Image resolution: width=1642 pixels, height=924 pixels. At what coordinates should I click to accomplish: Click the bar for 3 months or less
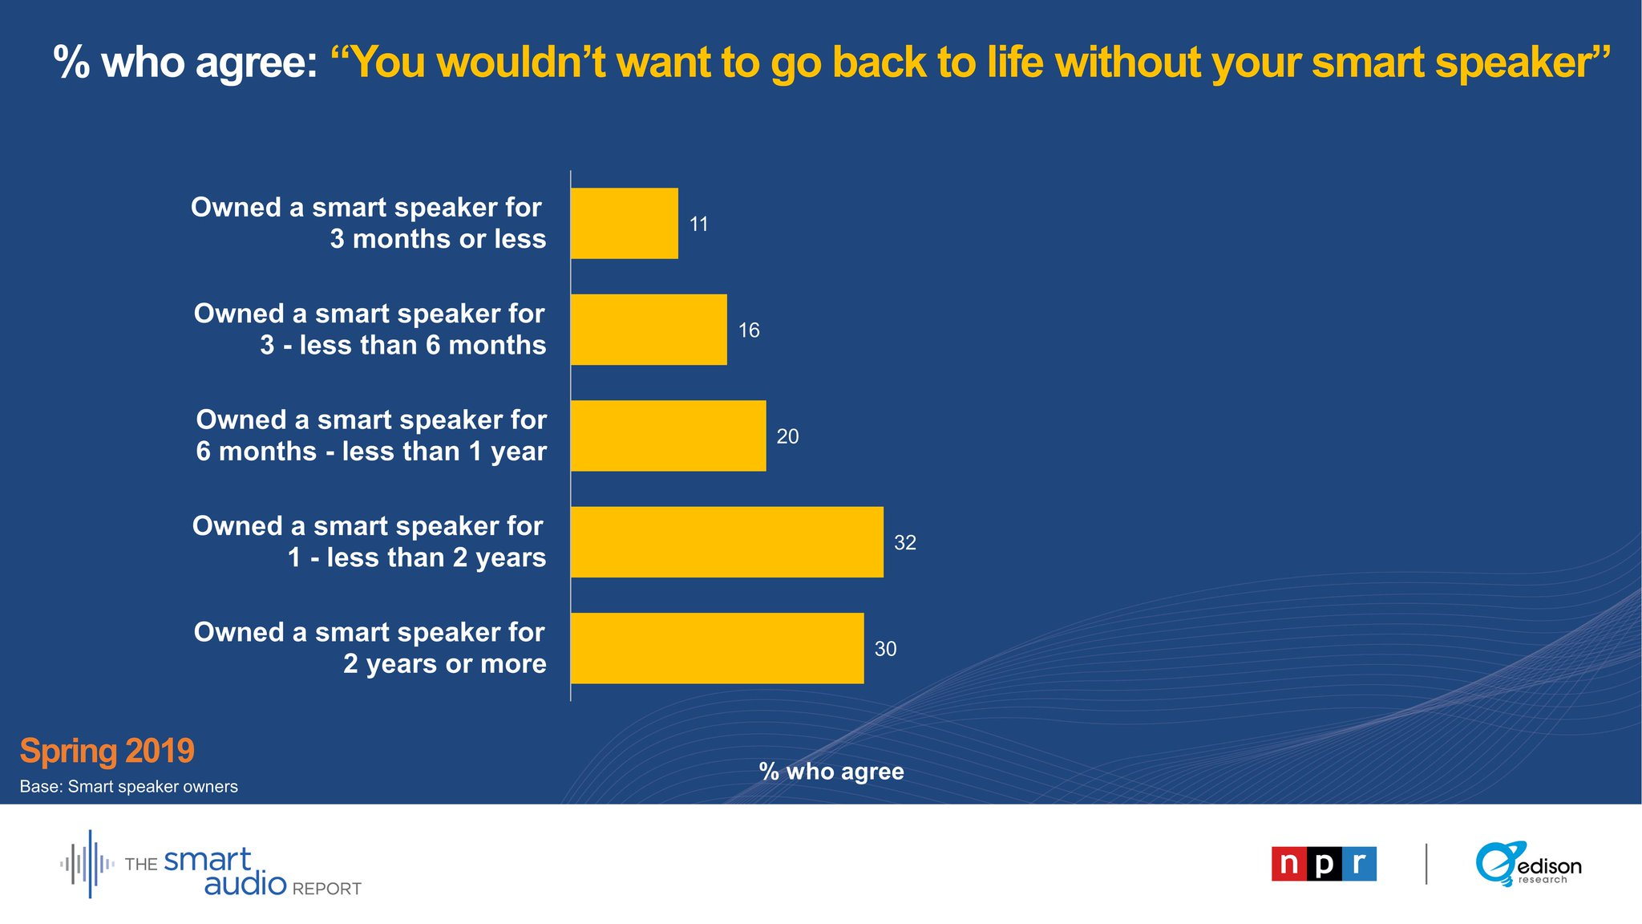pos(625,224)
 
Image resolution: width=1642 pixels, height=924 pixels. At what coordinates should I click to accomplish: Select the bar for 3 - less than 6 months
pos(649,330)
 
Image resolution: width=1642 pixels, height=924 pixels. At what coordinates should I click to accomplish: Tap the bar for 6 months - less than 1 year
pos(669,436)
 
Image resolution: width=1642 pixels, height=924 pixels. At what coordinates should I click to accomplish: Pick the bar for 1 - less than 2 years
pos(727,542)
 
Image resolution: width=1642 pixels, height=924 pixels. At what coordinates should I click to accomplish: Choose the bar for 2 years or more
pos(718,648)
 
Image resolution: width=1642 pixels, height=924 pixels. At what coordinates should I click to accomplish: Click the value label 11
pos(699,225)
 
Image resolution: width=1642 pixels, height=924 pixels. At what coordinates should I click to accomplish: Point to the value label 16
pos(749,330)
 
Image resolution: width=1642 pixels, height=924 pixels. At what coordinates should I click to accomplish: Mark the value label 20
pos(787,436)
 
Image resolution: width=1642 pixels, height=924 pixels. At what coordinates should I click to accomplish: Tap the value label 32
pos(905,543)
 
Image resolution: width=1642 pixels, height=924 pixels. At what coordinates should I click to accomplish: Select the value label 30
pos(885,649)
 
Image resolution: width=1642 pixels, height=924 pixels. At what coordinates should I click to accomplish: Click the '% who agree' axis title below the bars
pos(831,772)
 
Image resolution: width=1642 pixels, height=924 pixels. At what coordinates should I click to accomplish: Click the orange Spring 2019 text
pos(107,751)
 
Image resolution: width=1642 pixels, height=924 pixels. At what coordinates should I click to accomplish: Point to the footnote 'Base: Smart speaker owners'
pos(129,787)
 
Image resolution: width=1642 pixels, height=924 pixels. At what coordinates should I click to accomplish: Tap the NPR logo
pos(1324,864)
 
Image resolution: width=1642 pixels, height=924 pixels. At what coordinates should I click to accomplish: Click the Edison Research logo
pos(1528,864)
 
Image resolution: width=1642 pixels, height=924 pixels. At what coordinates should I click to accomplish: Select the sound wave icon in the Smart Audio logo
pos(87,864)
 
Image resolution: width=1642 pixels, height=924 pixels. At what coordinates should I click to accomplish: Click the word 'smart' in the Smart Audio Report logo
pos(208,860)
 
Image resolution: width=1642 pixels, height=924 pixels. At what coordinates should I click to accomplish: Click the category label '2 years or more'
pos(445,664)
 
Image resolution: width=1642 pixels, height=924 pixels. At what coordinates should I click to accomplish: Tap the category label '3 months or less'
pos(439,239)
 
